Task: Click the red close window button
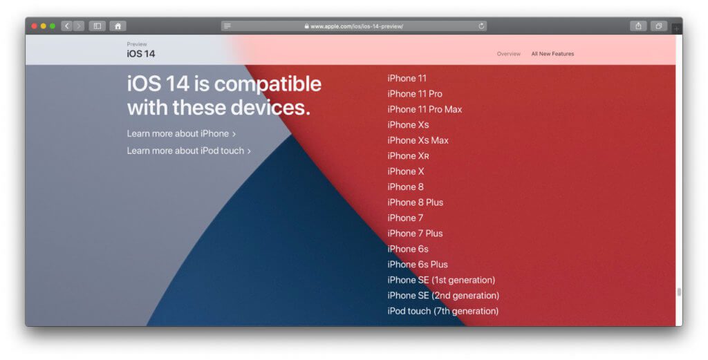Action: point(34,26)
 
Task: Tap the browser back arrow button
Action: point(66,26)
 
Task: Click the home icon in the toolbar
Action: point(118,26)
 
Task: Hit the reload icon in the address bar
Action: point(481,26)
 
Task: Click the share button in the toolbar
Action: point(638,26)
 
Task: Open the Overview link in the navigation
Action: point(508,54)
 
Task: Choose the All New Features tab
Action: point(552,54)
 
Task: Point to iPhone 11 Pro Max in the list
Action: point(425,109)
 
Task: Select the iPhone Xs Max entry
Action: point(418,140)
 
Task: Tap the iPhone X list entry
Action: point(406,171)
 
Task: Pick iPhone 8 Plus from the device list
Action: point(415,202)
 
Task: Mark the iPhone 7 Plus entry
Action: point(415,234)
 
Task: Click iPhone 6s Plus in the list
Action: point(418,265)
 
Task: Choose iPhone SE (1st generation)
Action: point(441,280)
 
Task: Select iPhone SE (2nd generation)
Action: point(443,296)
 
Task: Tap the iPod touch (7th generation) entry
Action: point(442,311)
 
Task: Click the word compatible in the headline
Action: point(268,84)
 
